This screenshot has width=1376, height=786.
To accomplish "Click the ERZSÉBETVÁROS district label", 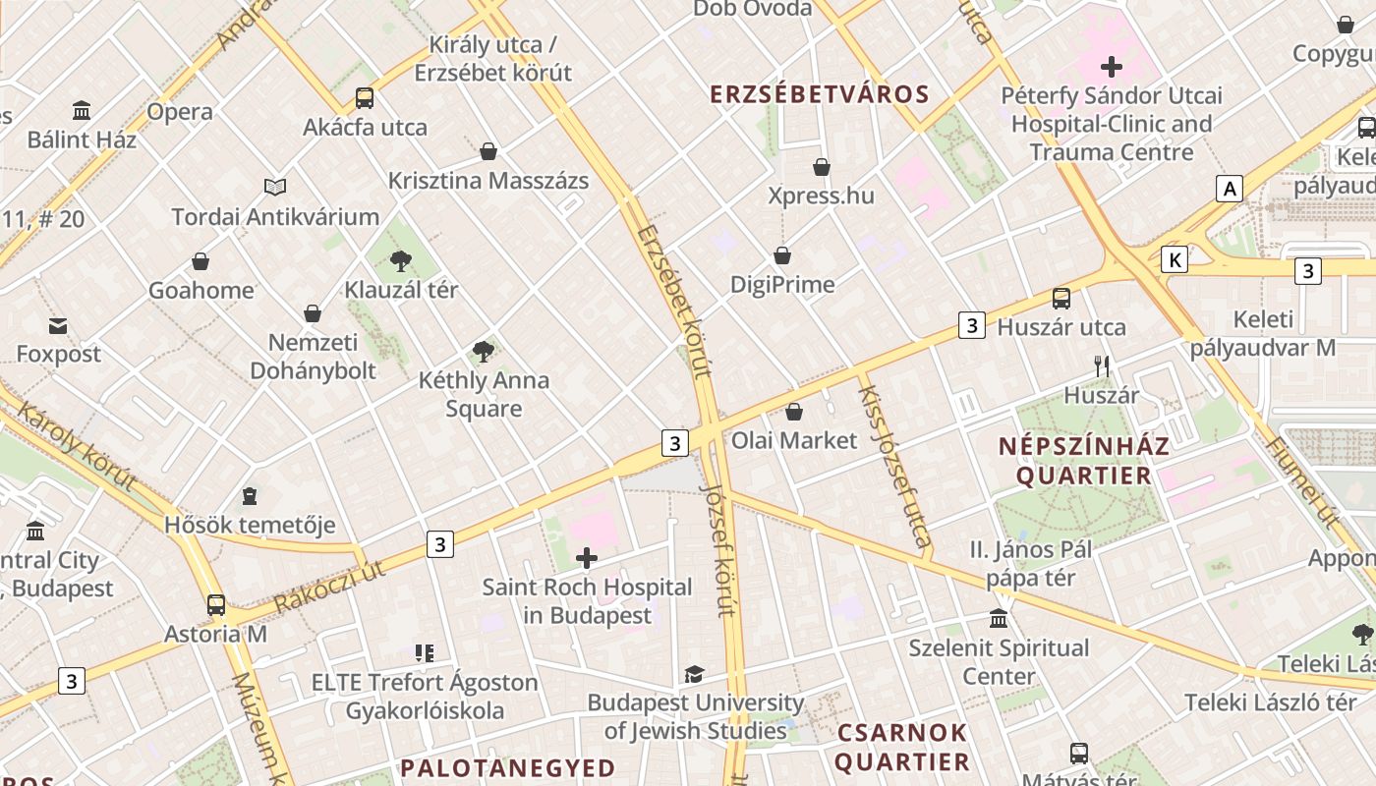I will [819, 94].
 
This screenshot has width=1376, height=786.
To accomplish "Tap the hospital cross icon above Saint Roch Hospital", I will [587, 559].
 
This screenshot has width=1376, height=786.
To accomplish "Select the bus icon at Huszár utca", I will [1061, 299].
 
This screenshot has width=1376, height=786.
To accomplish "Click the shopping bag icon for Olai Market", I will [794, 412].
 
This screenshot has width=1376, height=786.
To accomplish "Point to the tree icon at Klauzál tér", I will [401, 261].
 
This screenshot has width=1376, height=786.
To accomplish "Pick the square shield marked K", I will [1174, 259].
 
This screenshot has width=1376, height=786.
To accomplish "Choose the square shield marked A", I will [1229, 189].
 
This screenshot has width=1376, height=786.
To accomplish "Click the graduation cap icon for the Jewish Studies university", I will [695, 674].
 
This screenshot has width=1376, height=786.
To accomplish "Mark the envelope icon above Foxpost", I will [58, 325].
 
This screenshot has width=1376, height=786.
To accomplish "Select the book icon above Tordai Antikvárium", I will [275, 188].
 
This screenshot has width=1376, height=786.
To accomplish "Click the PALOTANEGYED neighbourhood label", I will [508, 767].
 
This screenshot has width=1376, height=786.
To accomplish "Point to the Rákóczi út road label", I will [329, 587].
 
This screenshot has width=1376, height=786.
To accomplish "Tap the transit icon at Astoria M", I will [216, 605].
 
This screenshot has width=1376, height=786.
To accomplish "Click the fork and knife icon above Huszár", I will [1102, 366].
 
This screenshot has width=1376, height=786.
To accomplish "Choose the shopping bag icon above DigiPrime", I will [782, 256].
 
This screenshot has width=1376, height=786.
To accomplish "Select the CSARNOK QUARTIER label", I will [902, 748].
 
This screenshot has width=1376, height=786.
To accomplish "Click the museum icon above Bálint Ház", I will [82, 111].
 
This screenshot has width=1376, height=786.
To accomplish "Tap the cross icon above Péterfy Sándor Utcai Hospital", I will [1112, 67].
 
